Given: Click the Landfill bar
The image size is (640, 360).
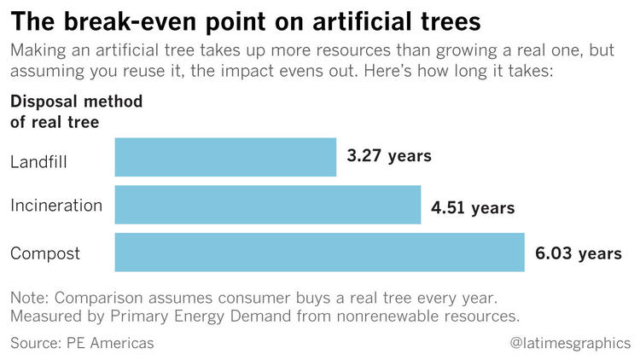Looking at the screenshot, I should (x=225, y=158).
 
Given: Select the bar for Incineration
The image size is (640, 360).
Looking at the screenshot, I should (x=267, y=205).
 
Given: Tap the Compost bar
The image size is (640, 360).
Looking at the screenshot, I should (x=318, y=253).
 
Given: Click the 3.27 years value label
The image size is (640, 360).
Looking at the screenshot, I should (x=389, y=156).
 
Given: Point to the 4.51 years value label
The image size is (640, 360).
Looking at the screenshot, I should (x=473, y=207).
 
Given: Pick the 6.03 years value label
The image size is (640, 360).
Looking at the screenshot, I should (x=577, y=254).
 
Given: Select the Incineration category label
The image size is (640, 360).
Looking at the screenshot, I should (x=56, y=206).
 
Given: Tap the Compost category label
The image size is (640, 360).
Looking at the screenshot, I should (x=45, y=253).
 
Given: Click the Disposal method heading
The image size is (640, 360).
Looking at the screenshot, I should (x=76, y=102).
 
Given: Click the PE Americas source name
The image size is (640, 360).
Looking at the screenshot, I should (x=111, y=343).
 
